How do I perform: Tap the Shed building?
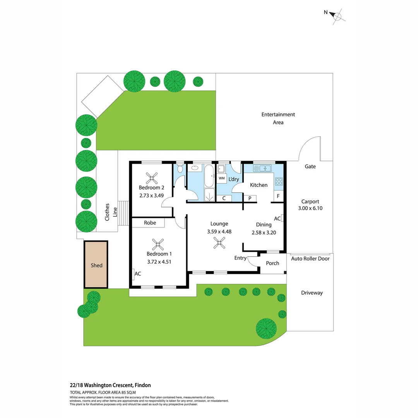96,265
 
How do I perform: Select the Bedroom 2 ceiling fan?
151,178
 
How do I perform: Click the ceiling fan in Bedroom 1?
158,244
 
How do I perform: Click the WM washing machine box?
222,178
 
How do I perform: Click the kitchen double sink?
263,168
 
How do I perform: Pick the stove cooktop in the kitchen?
279,181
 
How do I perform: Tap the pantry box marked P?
250,199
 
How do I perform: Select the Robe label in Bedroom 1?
150,223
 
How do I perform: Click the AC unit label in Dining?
278,219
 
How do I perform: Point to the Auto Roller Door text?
310,259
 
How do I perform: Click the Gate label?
310,166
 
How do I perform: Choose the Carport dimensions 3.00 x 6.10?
310,208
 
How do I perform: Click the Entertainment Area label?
278,118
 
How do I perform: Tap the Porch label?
272,263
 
